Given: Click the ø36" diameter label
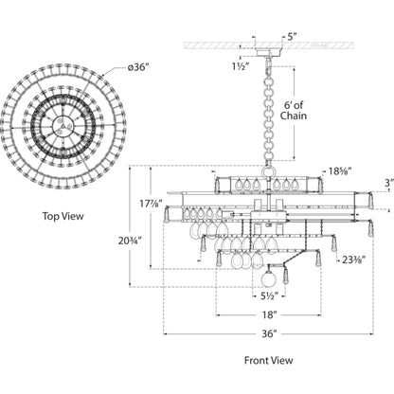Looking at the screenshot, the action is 138,67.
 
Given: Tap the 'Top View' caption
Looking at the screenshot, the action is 63,216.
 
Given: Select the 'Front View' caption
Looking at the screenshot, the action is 269,360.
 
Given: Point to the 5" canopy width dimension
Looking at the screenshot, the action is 292,36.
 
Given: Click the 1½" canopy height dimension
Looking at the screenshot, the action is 242,66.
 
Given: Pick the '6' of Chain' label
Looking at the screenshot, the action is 294,111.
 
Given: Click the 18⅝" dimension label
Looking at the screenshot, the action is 340,171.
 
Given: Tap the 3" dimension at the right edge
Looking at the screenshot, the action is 390,183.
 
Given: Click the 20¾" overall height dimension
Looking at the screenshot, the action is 130,241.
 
